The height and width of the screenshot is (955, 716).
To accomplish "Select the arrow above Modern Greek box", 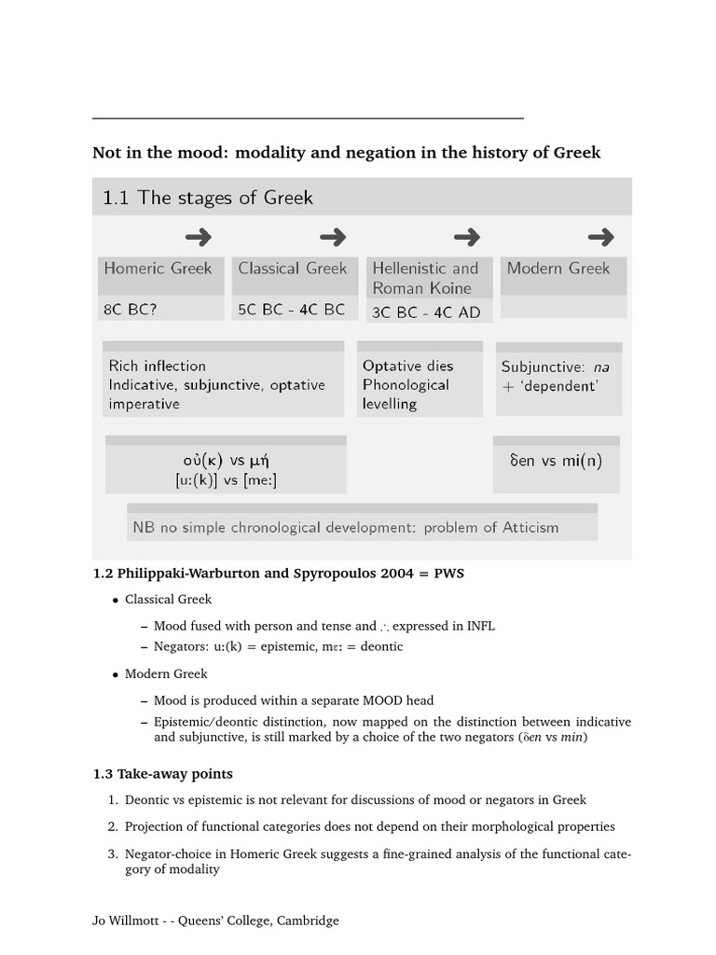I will coord(600,237).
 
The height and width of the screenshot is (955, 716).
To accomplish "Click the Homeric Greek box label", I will coord(158,269).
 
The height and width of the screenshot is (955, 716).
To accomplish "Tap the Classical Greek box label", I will coord(292,269).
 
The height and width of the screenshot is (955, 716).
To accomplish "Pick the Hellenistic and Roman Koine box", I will coord(425,278).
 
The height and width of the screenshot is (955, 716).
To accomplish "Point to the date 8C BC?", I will coord(131,310).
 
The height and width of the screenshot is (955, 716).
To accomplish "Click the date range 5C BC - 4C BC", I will coord(291,310).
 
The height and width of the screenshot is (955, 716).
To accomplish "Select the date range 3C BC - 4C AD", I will coord(426,312).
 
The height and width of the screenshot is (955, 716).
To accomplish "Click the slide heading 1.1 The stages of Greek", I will coord(208,198).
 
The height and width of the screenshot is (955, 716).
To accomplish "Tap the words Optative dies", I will coord(407,366).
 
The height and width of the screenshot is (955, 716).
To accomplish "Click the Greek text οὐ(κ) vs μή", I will coord(226,461).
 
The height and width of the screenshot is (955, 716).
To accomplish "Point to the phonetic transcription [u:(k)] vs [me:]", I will coord(226,480).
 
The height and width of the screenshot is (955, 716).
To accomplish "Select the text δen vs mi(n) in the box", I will coord(556,461).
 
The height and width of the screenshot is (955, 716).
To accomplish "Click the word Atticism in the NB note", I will coord(526,527).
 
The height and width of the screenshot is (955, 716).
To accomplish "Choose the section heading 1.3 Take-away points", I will coord(163,773).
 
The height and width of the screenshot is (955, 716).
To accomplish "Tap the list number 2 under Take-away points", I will coord(113,826).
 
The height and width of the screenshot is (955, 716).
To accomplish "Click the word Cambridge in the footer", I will coord(306,920).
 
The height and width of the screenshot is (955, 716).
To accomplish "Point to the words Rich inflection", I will coord(157,366).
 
